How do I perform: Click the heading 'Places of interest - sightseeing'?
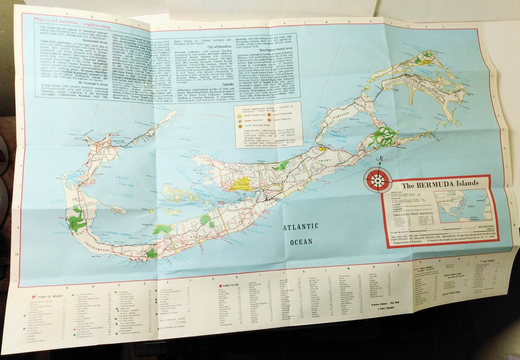(x=71, y=26)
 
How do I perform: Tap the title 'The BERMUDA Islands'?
(x=440, y=184)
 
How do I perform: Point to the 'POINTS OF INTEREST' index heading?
(x=51, y=296)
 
